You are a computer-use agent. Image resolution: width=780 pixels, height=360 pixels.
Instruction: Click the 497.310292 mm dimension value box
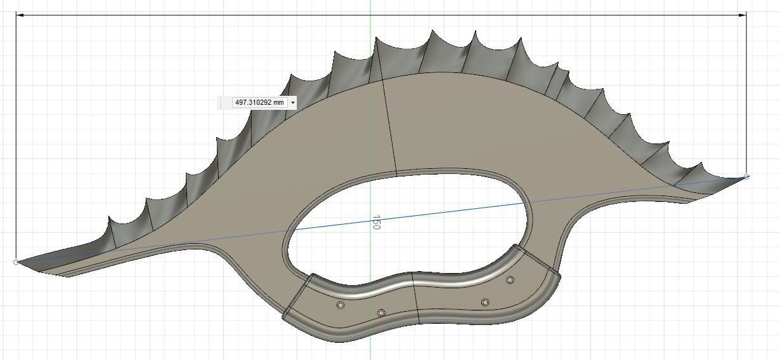[x=260, y=102]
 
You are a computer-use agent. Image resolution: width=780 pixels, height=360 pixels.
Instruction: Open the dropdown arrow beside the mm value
[x=292, y=102]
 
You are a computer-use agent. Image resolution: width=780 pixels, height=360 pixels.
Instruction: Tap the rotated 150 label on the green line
[x=377, y=222]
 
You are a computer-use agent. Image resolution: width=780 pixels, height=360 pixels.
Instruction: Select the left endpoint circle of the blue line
[x=16, y=262]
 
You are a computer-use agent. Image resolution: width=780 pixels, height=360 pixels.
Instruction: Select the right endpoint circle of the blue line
[x=746, y=177]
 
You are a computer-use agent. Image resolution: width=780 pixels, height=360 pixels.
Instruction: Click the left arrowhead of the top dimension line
[x=19, y=15]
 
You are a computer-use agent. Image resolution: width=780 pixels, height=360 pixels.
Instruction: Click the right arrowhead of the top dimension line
[x=743, y=15]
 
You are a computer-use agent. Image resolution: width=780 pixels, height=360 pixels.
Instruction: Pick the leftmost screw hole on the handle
[x=341, y=305]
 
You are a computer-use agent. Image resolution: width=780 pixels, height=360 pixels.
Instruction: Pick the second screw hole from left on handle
[x=381, y=313]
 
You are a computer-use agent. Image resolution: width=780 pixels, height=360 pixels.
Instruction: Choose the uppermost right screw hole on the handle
[x=510, y=279]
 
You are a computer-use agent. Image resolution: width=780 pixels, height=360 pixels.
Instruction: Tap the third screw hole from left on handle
[x=485, y=303]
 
